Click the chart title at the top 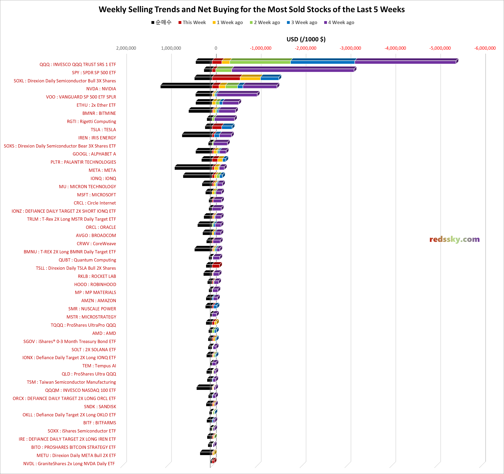click(x=251, y=9)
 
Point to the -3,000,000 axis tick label click(x=350, y=48)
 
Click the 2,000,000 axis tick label click(x=126, y=48)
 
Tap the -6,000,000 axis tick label click(x=485, y=48)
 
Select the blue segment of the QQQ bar click(x=322, y=62)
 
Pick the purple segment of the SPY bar click(x=293, y=70)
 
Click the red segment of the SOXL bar click(x=226, y=78)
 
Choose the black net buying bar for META click(x=193, y=168)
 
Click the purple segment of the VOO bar click(x=237, y=95)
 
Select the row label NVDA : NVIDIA click(x=101, y=89)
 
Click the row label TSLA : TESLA click(x=103, y=129)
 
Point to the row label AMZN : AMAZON click(x=98, y=301)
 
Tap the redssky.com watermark click(x=454, y=239)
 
